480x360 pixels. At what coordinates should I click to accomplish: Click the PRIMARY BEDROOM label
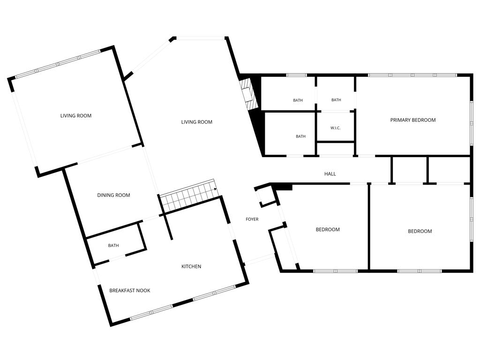tap(412, 120)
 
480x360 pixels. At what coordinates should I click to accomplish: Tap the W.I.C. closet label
tap(335, 128)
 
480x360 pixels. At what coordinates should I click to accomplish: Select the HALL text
tap(330, 174)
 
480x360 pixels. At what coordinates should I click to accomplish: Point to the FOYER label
tap(252, 219)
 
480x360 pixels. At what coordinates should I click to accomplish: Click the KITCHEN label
tap(191, 266)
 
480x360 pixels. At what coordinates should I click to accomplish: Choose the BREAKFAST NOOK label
tap(130, 290)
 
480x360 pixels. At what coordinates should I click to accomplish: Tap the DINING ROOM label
tap(113, 195)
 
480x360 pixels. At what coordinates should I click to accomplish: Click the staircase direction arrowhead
tap(215, 189)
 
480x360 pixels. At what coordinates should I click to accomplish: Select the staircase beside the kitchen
tap(188, 196)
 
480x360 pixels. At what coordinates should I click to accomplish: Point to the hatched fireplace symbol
tap(247, 94)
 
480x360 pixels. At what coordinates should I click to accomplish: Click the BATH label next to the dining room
tap(113, 246)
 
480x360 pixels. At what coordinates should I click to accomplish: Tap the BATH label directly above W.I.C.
tap(336, 100)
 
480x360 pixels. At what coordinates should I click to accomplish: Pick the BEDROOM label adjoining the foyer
tap(328, 229)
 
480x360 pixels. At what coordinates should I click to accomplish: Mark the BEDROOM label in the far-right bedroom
tap(420, 231)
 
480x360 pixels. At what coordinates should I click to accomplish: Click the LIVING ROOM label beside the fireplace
tap(196, 122)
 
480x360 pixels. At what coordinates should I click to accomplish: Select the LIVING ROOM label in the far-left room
tap(75, 115)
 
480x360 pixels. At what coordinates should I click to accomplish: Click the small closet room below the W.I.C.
tap(336, 149)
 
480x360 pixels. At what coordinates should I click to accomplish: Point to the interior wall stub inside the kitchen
tap(168, 226)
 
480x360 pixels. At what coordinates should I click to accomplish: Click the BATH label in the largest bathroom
tap(300, 136)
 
